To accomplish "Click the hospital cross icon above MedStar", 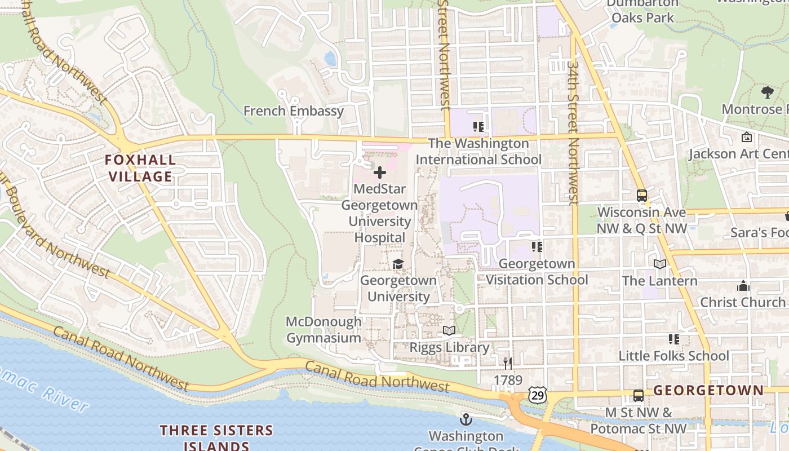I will click(x=380, y=173).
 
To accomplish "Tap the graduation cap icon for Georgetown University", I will click(x=398, y=264).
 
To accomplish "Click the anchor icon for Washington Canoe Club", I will click(x=466, y=419).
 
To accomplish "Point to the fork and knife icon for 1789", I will click(x=508, y=364).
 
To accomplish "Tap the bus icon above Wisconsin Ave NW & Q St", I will click(x=642, y=196).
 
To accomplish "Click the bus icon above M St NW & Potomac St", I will click(x=638, y=396).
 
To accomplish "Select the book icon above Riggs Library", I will click(x=449, y=330).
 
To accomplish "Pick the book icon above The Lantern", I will click(x=659, y=264).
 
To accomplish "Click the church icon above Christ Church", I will click(x=743, y=286).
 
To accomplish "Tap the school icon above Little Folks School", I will click(x=673, y=339).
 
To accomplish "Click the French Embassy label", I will click(x=293, y=110).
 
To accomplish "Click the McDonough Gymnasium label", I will click(x=323, y=330).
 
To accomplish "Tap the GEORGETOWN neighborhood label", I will click(x=716, y=390).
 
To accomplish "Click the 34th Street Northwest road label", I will click(x=573, y=132).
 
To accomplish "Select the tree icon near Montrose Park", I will click(x=767, y=92).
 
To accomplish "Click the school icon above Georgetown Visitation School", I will click(x=537, y=247).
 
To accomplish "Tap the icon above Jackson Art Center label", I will click(x=747, y=137).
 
